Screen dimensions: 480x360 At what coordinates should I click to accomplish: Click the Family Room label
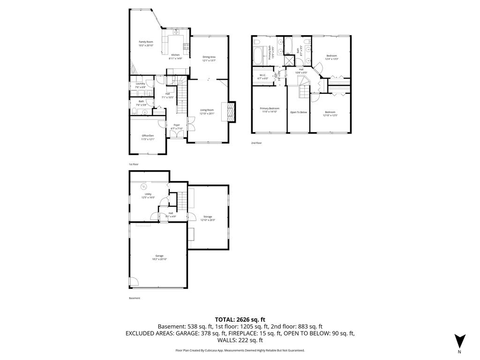(146, 42)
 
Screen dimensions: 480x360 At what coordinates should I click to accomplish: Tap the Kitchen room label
(175, 55)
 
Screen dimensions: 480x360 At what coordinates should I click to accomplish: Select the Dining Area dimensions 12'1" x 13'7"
(209, 60)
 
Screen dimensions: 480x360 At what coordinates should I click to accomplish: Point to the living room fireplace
(231, 112)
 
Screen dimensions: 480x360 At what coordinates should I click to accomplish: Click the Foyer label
(177, 125)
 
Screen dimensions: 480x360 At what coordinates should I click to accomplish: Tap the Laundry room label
(140, 83)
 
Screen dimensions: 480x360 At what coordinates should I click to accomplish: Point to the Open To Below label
(298, 112)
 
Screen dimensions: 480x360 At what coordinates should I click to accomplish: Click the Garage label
(159, 255)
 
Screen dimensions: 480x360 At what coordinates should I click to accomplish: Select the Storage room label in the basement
(207, 217)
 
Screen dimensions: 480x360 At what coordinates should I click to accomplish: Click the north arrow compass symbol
(459, 341)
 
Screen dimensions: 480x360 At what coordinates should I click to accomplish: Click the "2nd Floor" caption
(256, 142)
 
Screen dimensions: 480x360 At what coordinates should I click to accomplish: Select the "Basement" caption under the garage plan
(135, 298)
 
